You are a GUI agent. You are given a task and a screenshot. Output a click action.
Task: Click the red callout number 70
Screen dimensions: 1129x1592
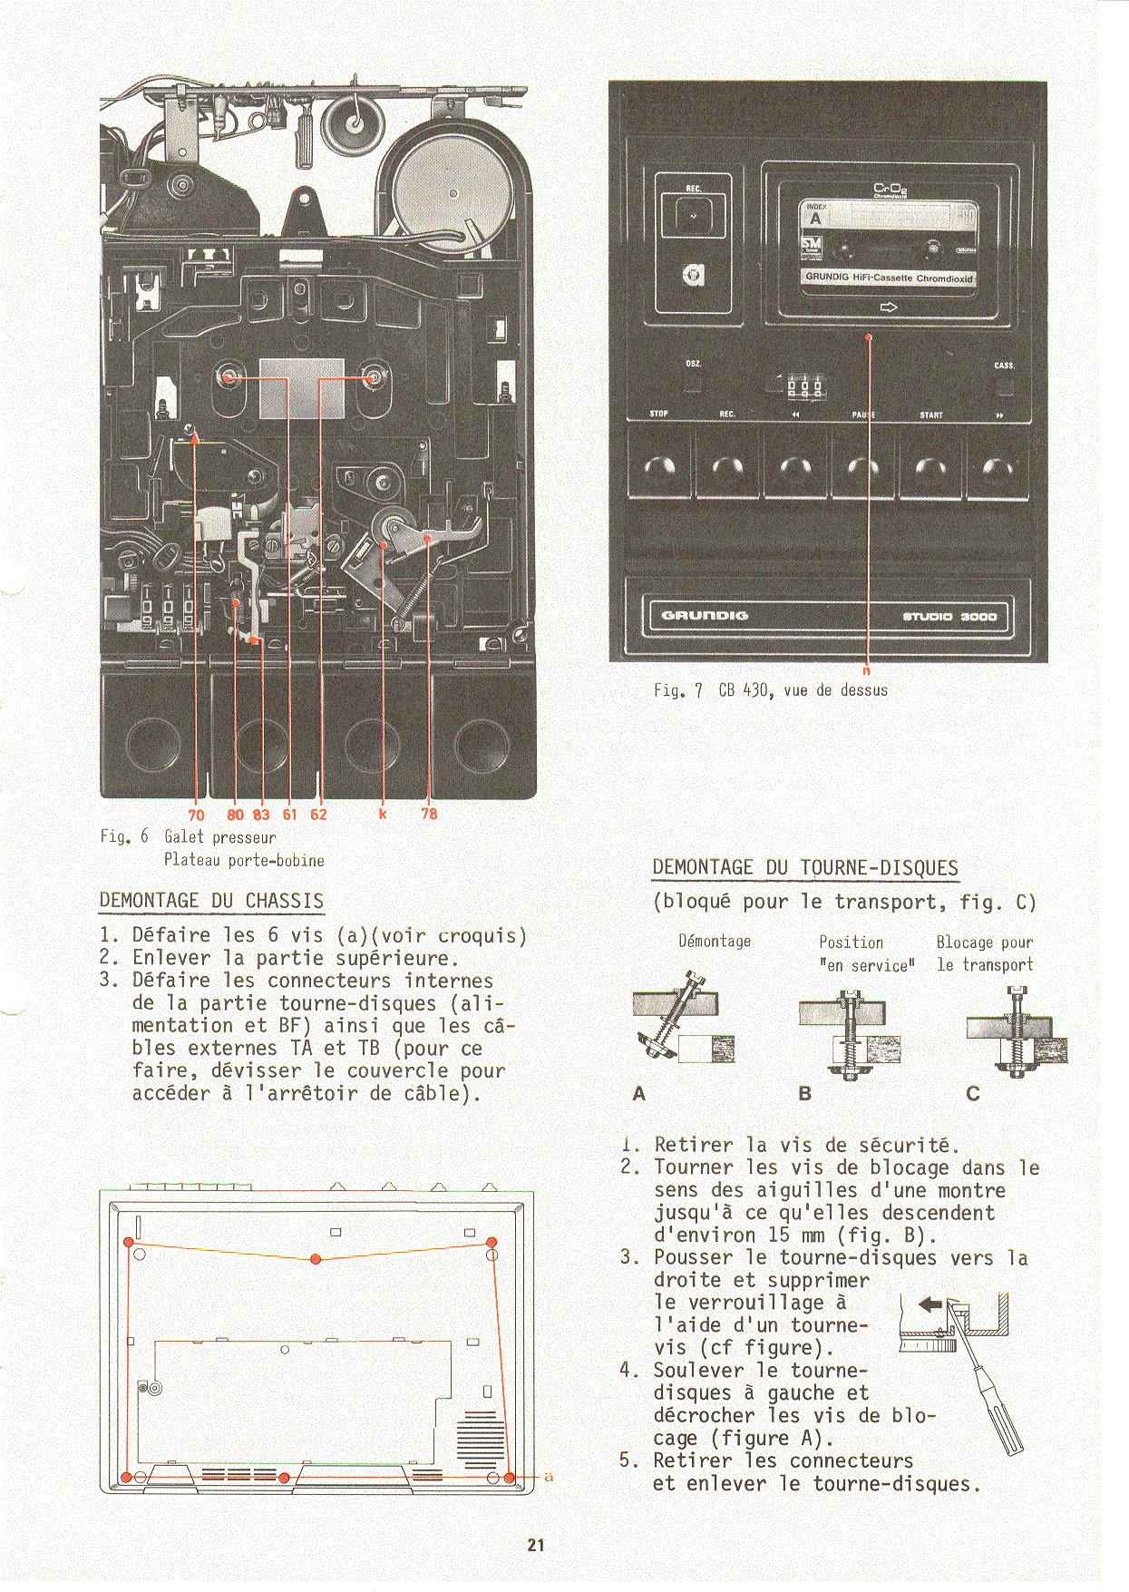[x=196, y=814]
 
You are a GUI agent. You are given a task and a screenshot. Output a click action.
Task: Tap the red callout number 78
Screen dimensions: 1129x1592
[x=429, y=814]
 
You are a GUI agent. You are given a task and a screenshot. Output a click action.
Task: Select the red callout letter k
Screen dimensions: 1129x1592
[x=383, y=814]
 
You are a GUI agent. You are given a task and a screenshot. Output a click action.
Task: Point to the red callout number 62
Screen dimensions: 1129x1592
[x=318, y=814]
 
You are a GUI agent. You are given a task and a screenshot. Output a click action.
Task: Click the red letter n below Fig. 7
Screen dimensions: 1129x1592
[x=866, y=671]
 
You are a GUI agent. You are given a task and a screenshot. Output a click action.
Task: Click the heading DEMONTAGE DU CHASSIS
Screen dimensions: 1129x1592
[x=210, y=901]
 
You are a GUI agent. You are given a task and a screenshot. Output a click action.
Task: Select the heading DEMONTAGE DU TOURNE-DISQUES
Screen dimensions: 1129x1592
[x=805, y=867]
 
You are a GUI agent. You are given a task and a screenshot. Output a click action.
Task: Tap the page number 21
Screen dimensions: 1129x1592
[x=536, y=1544]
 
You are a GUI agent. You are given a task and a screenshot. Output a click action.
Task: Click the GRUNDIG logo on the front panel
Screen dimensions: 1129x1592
[x=705, y=616]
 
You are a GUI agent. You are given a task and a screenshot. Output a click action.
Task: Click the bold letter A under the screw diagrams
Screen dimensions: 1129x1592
[x=639, y=1094]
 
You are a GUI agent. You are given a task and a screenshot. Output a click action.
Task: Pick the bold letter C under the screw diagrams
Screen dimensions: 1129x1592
[x=973, y=1094]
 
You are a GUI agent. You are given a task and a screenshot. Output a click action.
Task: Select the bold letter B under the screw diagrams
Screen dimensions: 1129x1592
[x=804, y=1094]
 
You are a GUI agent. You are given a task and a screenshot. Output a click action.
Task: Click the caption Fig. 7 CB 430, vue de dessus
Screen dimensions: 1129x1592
[x=771, y=690]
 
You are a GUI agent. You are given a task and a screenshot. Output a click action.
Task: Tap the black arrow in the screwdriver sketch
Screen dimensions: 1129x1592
[x=929, y=1304]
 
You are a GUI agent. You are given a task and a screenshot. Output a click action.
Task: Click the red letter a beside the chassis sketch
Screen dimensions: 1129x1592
[x=548, y=1477]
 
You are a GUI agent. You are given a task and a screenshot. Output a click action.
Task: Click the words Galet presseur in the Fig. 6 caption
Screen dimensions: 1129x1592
[x=219, y=837]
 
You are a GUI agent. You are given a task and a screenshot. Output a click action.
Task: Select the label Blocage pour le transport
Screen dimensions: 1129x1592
[x=985, y=953]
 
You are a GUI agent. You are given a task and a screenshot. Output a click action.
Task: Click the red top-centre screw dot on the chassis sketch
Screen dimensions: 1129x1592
[x=316, y=1259]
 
